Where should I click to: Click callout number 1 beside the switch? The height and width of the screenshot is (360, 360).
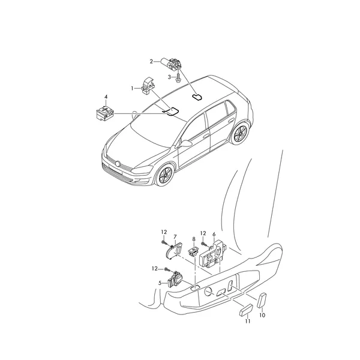click(132, 88)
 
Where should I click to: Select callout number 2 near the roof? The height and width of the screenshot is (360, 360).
click(151, 62)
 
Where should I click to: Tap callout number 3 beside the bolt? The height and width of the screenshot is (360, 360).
click(169, 77)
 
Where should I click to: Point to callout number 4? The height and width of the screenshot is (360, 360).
click(106, 97)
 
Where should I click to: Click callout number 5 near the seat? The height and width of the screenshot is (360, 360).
click(160, 283)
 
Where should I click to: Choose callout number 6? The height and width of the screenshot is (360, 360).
click(214, 235)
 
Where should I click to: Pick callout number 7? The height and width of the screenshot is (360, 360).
click(175, 237)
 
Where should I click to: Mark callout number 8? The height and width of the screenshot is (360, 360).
click(194, 239)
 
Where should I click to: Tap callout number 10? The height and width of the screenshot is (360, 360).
click(262, 315)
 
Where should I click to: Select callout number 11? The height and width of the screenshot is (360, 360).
click(247, 321)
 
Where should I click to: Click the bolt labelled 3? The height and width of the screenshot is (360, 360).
click(178, 78)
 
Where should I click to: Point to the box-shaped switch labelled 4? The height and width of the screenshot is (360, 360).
click(104, 113)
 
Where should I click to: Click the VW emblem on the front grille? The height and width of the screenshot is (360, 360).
click(118, 164)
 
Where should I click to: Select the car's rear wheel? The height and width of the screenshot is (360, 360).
click(240, 134)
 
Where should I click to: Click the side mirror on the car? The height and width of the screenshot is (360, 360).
click(185, 144)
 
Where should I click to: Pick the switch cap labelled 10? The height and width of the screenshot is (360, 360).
click(262, 300)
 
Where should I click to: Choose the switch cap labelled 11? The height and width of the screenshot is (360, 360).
click(246, 310)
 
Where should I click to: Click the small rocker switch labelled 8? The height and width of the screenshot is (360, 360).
click(193, 251)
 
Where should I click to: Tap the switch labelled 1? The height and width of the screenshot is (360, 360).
click(147, 86)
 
